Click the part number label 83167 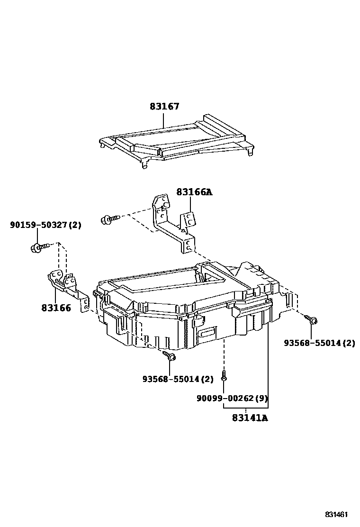click(x=164, y=107)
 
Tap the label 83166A click(x=194, y=192)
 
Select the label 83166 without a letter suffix click(x=56, y=308)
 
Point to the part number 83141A click(x=250, y=418)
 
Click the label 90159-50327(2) click(x=45, y=225)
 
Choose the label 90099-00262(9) click(x=232, y=399)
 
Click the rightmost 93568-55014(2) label click(x=319, y=343)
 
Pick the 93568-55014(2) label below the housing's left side click(x=178, y=379)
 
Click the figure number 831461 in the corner click(x=336, y=515)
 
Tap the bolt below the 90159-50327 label click(x=40, y=248)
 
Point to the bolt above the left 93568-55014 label click(x=169, y=355)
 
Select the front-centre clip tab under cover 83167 click(x=144, y=165)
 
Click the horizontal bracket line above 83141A click(x=246, y=408)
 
